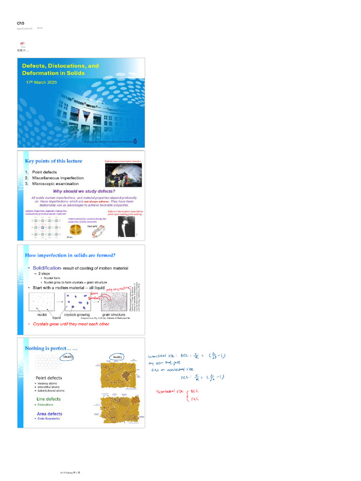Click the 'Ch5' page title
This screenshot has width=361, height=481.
pyautogui.click(x=20, y=23)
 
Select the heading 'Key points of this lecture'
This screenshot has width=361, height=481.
pyautogui.click(x=53, y=161)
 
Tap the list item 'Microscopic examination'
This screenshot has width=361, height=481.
pyautogui.click(x=55, y=184)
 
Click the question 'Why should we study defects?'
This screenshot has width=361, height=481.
pyautogui.click(x=84, y=191)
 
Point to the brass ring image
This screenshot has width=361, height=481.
pyautogui.click(x=75, y=230)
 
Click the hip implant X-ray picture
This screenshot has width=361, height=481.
pyautogui.click(x=126, y=227)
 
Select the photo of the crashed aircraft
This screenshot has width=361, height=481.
pyautogui.click(x=123, y=175)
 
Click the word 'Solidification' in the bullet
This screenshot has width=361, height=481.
pyautogui.click(x=47, y=268)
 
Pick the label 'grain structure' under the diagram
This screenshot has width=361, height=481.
pyautogui.click(x=113, y=315)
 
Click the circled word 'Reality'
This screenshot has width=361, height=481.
pyautogui.click(x=118, y=357)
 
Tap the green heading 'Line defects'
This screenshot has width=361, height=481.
pyautogui.click(x=48, y=399)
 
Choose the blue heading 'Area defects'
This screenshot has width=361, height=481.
pyautogui.click(x=49, y=414)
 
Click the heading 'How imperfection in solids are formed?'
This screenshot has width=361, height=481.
pyautogui.click(x=70, y=256)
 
